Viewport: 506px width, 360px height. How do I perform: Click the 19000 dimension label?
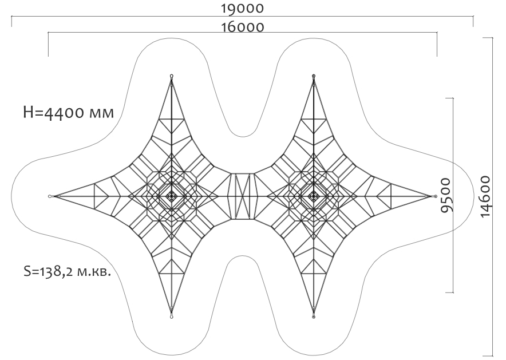click(242, 8)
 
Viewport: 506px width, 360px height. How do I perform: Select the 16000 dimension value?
click(242, 27)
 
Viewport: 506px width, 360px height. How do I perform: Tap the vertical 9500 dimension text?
click(446, 195)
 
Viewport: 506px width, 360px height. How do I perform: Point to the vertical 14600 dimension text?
click(485, 196)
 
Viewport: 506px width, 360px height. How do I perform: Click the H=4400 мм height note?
click(69, 113)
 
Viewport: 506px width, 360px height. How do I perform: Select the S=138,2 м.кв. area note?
click(68, 271)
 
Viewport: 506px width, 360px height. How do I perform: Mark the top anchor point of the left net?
click(172, 77)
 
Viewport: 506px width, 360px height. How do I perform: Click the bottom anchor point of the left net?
click(172, 316)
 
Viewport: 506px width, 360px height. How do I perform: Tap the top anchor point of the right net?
click(313, 77)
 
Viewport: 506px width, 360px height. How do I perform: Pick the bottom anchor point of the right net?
click(313, 316)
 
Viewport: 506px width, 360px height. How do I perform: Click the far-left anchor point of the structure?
click(50, 196)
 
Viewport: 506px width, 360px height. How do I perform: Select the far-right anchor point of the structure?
click(436, 196)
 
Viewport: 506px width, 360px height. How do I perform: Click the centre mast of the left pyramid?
click(171, 196)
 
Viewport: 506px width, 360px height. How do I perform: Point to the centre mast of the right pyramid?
click(313, 196)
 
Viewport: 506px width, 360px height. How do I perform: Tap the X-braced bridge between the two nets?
click(242, 196)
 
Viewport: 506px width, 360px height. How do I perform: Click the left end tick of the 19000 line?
click(12, 21)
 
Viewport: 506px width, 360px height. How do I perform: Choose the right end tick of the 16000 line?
click(437, 44)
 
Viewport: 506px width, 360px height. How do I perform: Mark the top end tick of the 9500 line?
click(449, 98)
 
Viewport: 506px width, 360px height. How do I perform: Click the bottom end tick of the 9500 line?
click(449, 292)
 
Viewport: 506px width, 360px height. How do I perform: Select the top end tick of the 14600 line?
click(488, 38)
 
